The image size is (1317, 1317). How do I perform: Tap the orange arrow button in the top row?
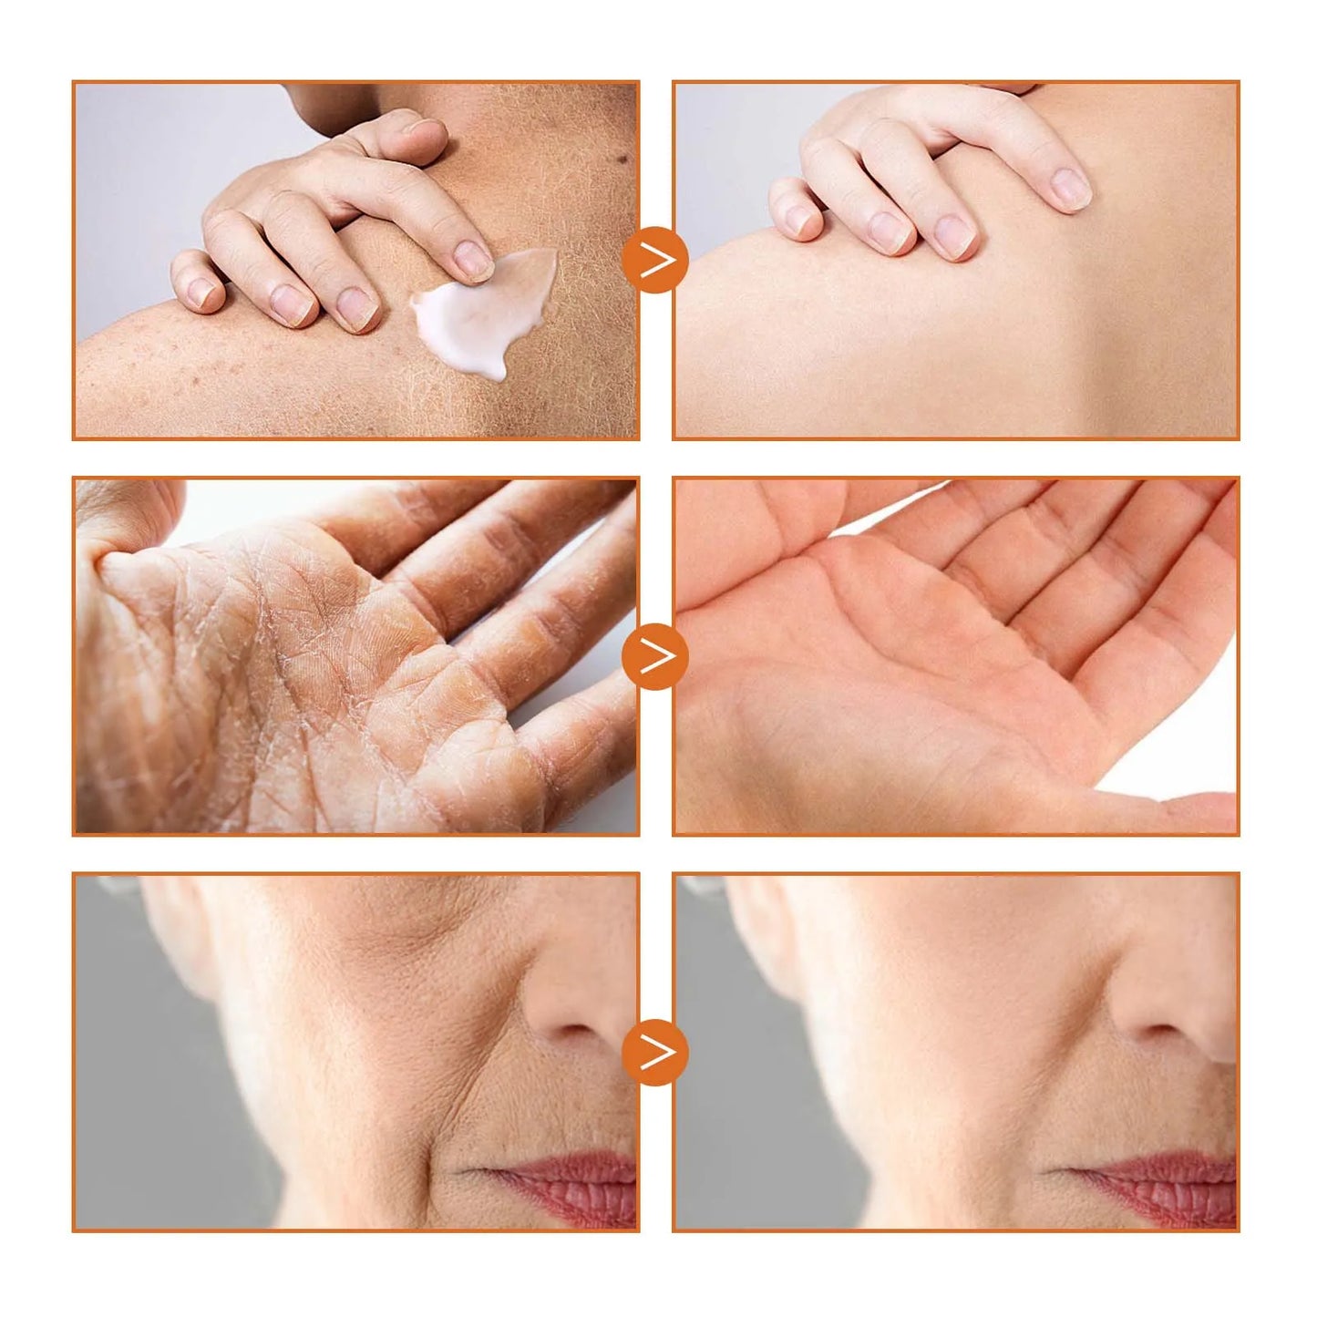click(655, 261)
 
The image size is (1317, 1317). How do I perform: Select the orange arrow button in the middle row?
click(655, 656)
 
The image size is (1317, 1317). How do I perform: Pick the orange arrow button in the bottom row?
click(655, 1053)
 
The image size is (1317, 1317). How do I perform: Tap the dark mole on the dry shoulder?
click(622, 160)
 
